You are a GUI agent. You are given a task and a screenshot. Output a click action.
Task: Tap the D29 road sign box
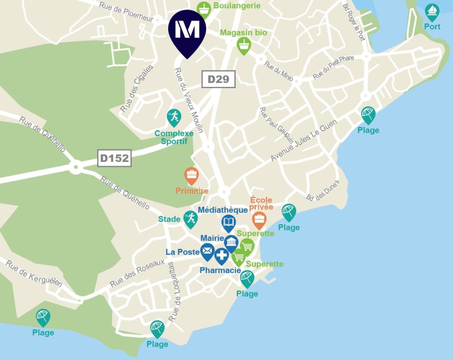219,79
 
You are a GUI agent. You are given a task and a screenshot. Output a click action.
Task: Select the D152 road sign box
115,158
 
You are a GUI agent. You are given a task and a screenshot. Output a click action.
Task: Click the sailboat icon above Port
432,12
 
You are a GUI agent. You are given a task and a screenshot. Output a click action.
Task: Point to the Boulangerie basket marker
204,8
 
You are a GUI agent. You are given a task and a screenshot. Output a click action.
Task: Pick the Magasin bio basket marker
244,45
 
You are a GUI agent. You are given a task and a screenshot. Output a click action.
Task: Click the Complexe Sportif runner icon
174,117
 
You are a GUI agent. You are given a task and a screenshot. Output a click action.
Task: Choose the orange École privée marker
259,219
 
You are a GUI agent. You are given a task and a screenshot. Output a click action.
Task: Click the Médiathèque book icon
229,223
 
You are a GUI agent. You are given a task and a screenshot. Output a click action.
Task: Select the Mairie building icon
232,243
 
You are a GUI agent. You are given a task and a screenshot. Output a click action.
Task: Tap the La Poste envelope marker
207,251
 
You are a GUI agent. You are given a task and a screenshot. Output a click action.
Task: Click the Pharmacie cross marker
221,256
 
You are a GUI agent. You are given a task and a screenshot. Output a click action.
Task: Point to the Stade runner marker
190,219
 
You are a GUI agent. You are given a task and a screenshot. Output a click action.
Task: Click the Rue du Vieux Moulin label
189,100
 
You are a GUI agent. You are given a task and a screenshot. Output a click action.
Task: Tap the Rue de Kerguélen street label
34,274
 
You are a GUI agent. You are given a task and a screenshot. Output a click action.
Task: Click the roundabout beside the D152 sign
76,168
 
